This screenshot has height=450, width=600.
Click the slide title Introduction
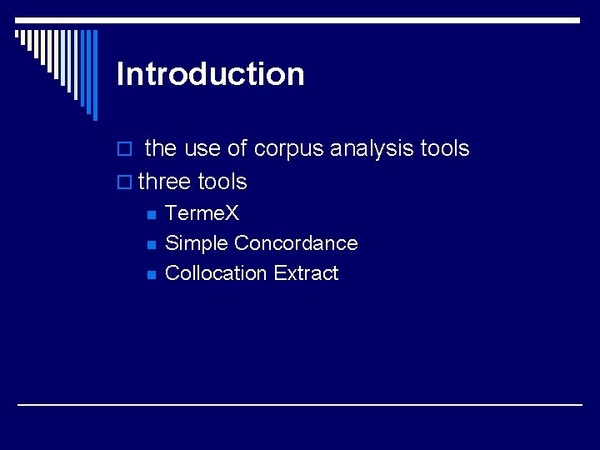tap(211, 74)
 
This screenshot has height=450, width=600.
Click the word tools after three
tap(222, 181)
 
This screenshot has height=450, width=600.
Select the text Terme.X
tap(202, 213)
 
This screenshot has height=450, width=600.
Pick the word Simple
tap(197, 243)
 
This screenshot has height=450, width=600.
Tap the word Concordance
tap(296, 243)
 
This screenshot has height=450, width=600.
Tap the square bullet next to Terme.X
tap(151, 215)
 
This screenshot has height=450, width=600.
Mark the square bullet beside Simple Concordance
tap(151, 245)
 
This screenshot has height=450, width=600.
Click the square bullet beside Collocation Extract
tap(151, 275)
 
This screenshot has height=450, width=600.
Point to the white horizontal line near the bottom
tap(300, 404)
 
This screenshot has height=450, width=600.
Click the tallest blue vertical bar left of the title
tap(94, 75)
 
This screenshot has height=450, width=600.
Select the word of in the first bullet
tap(237, 148)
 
